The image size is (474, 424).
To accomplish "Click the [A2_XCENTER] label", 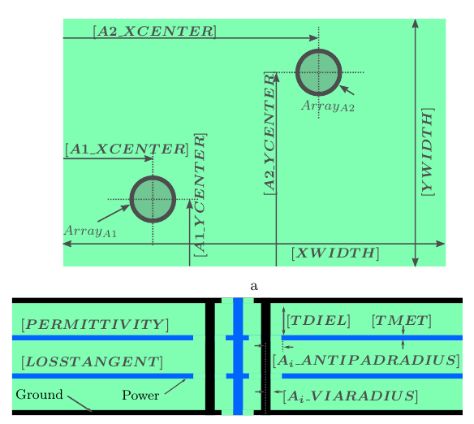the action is click(x=155, y=32).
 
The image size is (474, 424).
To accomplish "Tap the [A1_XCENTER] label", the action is click(x=127, y=149).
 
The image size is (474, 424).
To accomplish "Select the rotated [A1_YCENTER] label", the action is click(x=200, y=195).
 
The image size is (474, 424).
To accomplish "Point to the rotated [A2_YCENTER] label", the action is click(x=269, y=133).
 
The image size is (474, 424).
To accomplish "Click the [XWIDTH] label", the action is click(x=335, y=253).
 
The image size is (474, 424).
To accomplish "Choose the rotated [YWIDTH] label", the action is click(x=428, y=152).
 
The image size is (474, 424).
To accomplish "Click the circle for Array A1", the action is click(x=153, y=199).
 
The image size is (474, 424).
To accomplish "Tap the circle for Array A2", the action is click(x=319, y=72).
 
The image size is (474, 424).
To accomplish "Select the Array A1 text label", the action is click(x=90, y=231).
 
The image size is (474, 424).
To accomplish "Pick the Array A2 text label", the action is click(x=328, y=106).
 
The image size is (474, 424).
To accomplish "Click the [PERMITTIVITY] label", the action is click(x=95, y=325).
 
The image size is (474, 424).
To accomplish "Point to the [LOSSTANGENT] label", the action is click(x=93, y=362).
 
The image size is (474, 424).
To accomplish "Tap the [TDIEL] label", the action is click(x=318, y=321).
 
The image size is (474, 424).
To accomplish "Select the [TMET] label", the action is click(x=402, y=321).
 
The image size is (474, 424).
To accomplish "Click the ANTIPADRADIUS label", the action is click(x=366, y=361).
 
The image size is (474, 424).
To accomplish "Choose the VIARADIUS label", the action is click(x=351, y=396).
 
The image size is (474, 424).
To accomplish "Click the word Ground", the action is click(x=39, y=395).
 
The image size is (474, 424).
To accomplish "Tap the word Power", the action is click(x=140, y=395).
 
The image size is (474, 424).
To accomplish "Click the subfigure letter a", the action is click(x=254, y=286).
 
